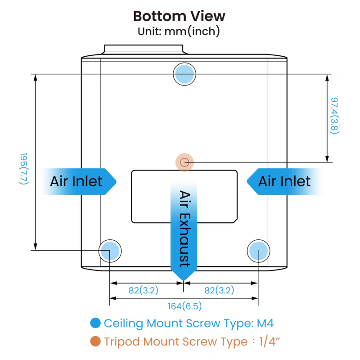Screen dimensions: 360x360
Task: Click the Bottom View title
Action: click(x=179, y=16)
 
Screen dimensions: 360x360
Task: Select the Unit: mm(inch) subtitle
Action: click(x=179, y=31)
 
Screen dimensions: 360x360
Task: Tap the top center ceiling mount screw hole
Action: click(x=184, y=74)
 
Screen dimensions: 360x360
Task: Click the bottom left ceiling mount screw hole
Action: click(x=110, y=251)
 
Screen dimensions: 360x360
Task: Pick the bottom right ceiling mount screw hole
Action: click(x=258, y=251)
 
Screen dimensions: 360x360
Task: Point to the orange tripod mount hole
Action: click(x=184, y=162)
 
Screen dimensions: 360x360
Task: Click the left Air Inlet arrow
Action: click(x=78, y=182)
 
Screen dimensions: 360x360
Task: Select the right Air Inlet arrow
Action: click(x=285, y=182)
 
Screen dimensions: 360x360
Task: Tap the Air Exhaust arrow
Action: click(x=184, y=229)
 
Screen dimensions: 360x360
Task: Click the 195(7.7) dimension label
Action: click(x=24, y=168)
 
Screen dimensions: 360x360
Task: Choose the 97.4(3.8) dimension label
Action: click(x=334, y=116)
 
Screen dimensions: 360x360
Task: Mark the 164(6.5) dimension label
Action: click(x=185, y=306)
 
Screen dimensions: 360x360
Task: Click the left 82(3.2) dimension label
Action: click(x=144, y=290)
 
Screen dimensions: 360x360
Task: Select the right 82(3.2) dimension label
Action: click(x=219, y=290)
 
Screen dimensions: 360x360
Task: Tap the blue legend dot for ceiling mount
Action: click(x=95, y=323)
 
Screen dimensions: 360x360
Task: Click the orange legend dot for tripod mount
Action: click(x=95, y=341)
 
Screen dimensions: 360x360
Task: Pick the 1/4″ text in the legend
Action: click(x=270, y=342)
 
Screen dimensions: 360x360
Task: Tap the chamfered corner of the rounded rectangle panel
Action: click(x=235, y=221)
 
